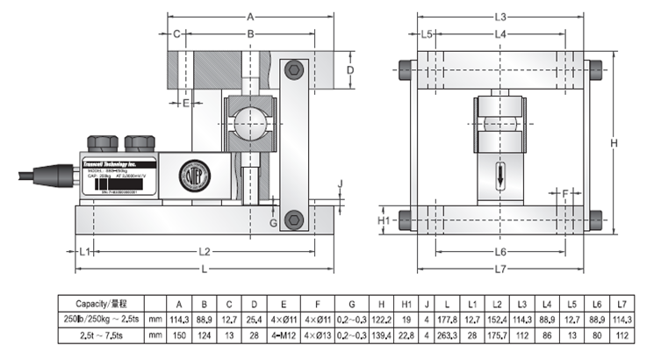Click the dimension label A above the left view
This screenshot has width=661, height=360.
tap(250, 17)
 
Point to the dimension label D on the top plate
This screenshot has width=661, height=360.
tap(348, 69)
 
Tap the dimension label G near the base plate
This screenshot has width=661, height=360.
tap(274, 223)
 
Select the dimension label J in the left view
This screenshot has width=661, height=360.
tap(341, 184)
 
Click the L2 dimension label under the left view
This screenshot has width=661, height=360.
tap(205, 251)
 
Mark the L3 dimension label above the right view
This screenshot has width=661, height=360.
tap(500, 17)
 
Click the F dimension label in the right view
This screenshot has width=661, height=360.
tap(565, 191)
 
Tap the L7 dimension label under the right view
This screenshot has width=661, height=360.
tap(500, 267)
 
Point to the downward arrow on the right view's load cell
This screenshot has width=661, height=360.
tap(500, 174)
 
